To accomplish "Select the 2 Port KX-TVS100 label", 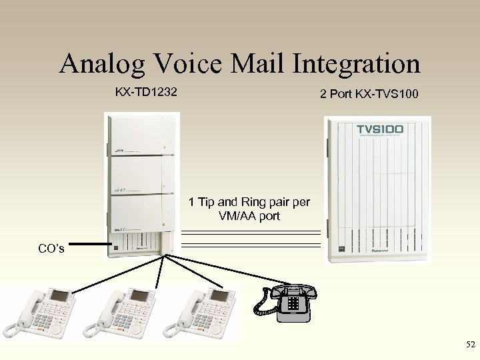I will [369, 95].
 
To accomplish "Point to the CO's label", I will [51, 249].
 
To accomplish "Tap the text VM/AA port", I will [249, 216].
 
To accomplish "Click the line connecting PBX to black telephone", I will [220, 271].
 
